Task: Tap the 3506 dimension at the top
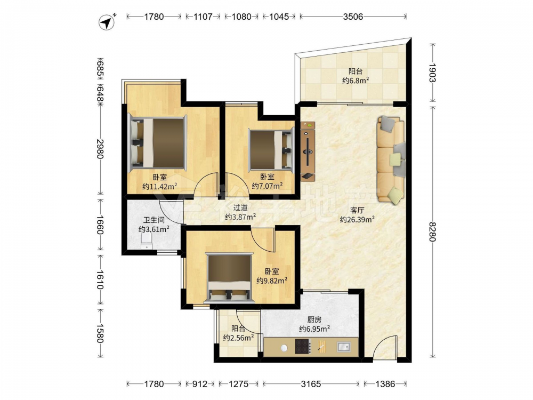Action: [x=353, y=17]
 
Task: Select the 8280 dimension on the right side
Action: [x=432, y=231]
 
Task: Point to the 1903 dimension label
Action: [x=432, y=73]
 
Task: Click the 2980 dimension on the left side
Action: [x=100, y=149]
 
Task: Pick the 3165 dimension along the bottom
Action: [x=311, y=384]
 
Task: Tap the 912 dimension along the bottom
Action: [x=200, y=384]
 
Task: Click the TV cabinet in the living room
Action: [x=308, y=151]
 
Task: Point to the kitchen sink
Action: [x=344, y=347]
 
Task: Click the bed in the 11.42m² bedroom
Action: [x=158, y=142]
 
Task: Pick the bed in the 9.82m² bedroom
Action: [x=230, y=277]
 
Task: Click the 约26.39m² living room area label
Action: [x=357, y=220]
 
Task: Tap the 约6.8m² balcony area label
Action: [x=356, y=81]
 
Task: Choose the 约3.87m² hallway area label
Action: [x=240, y=217]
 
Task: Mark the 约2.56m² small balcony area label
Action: [x=239, y=338]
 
